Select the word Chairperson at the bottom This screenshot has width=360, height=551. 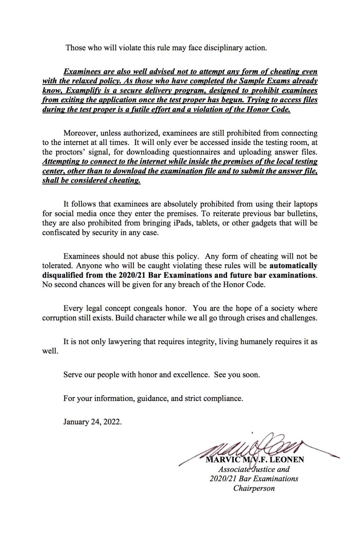pos(254,488)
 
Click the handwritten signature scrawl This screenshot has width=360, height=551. pos(251,448)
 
